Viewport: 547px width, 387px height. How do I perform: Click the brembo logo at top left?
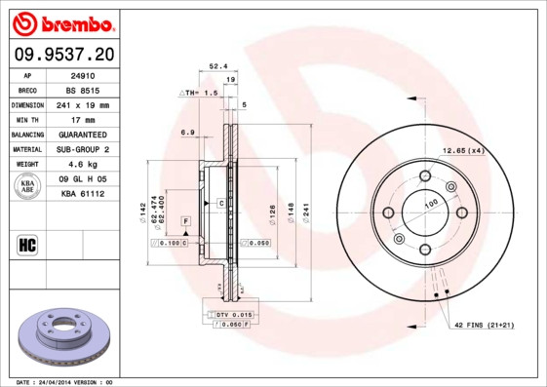point(61,22)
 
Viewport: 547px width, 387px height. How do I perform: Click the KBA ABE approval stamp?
point(28,187)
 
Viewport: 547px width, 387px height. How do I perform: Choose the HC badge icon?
point(27,244)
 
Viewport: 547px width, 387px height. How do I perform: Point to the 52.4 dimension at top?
point(218,67)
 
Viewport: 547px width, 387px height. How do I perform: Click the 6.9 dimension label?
point(188,133)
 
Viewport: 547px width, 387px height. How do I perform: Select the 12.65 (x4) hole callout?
point(464,150)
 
